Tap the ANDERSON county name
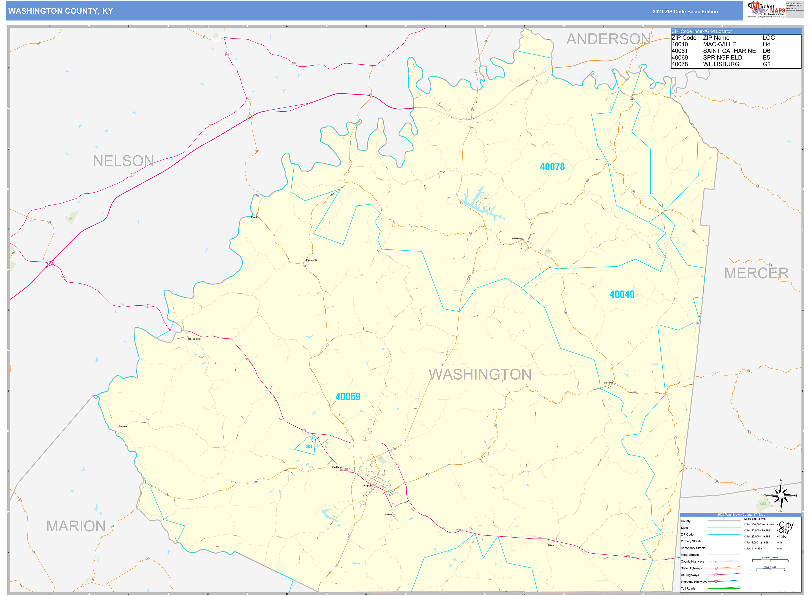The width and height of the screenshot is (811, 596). (x=609, y=39)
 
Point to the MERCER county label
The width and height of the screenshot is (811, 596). (x=756, y=273)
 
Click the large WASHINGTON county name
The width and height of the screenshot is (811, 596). (x=480, y=375)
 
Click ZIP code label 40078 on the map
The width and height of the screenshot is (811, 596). (x=552, y=167)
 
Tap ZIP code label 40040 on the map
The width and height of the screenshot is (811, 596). (x=622, y=294)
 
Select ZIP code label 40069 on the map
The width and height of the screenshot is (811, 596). (x=348, y=397)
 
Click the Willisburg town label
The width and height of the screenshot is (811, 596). (x=517, y=238)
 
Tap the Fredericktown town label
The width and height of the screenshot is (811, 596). (x=194, y=339)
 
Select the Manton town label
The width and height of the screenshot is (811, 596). (x=123, y=426)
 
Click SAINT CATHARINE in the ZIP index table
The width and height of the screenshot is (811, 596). (x=729, y=51)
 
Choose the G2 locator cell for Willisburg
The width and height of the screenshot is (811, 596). (x=766, y=64)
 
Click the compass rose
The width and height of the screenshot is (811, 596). (x=781, y=496)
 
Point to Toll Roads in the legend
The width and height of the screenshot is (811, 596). (x=688, y=588)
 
